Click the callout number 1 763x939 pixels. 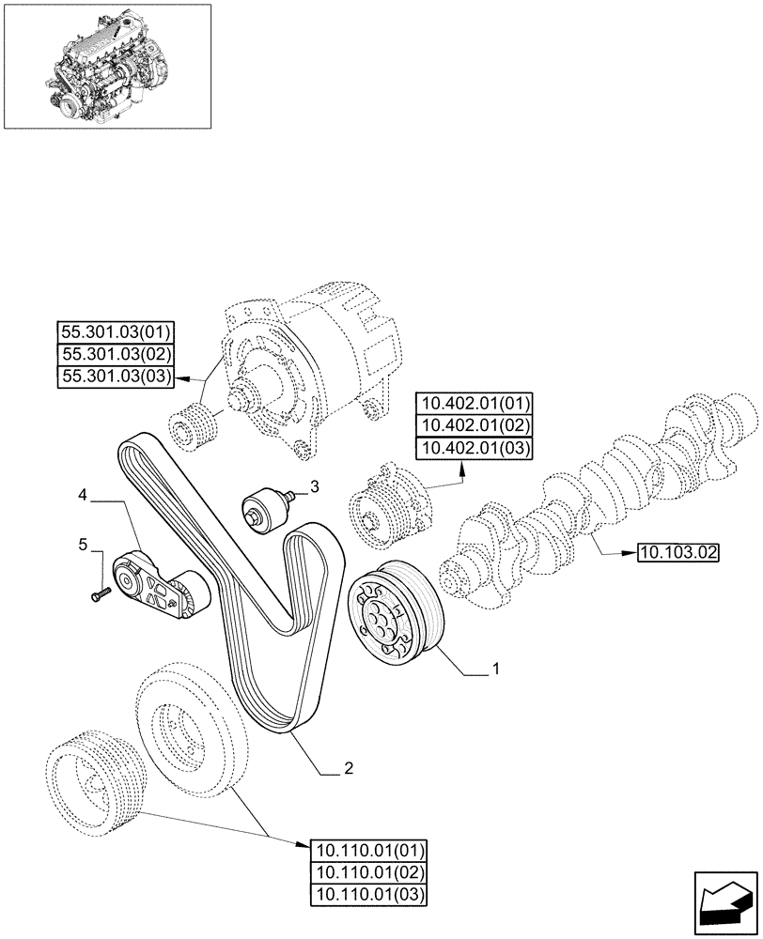(x=495, y=670)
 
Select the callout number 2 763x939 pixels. (x=349, y=768)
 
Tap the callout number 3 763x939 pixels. (x=315, y=486)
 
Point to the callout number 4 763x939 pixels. (x=84, y=492)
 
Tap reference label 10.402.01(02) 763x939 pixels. (x=475, y=426)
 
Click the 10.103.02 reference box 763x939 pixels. (x=677, y=552)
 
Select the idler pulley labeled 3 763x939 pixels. (x=262, y=509)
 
